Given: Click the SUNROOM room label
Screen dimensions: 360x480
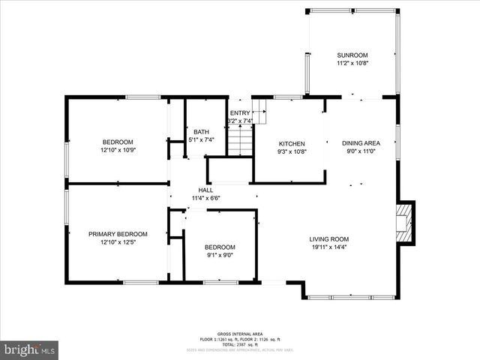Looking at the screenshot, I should coord(352,55).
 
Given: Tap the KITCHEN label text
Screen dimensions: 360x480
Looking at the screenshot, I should coord(292,143).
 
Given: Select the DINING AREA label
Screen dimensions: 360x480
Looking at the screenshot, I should coord(361,143).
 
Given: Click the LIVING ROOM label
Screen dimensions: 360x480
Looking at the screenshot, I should coord(329,239).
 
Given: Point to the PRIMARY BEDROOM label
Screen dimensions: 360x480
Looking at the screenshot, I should coord(118,234).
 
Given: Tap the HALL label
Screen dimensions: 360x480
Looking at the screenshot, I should coord(205,190).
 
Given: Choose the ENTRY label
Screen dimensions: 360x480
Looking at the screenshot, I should coord(240,113).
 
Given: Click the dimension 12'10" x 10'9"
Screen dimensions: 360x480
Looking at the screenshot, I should coord(118,150).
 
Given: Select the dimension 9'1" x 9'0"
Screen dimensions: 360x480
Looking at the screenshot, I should coord(220,255).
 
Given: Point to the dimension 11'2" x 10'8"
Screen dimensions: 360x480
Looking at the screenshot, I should coord(352,63).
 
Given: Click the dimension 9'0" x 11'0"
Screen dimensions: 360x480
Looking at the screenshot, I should coord(361,151).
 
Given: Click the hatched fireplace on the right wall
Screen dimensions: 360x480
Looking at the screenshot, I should coord(405,222).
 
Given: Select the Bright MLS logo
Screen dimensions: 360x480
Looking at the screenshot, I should coord(30,349).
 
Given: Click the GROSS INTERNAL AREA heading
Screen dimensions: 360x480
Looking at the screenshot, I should coord(240,333).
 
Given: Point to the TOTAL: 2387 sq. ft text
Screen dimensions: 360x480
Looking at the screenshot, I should coord(240,344).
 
